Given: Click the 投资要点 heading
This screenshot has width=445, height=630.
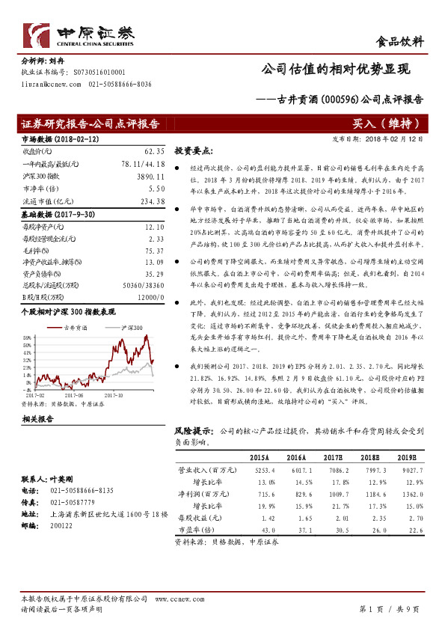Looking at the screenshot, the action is click(194, 150).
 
